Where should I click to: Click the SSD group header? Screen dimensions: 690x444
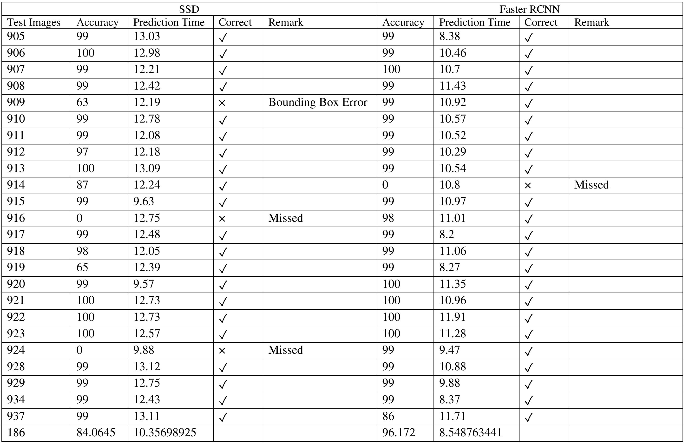click(189, 9)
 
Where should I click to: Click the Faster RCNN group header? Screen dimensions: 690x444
click(529, 9)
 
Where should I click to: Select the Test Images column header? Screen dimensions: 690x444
click(34, 22)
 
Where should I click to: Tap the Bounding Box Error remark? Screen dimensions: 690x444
click(318, 102)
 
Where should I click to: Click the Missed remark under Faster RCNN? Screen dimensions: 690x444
click(591, 185)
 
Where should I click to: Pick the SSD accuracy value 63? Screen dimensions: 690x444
click(82, 102)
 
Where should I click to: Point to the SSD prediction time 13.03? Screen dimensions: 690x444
click(146, 36)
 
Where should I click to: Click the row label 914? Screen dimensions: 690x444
click(16, 185)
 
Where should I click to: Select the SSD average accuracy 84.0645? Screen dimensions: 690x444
click(96, 432)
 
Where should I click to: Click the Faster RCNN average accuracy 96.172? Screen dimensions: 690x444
click(399, 432)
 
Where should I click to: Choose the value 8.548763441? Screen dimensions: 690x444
click(471, 432)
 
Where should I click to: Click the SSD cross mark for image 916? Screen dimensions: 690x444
click(222, 219)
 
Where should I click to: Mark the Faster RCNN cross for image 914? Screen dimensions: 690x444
click(528, 186)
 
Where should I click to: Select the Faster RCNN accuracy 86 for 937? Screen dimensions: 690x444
click(388, 416)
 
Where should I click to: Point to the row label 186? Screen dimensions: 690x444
click(16, 432)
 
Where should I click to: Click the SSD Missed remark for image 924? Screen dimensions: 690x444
click(285, 350)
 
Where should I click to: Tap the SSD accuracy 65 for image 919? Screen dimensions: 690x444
click(82, 268)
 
